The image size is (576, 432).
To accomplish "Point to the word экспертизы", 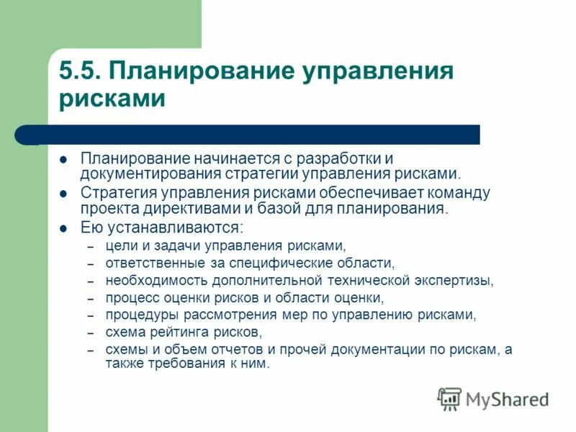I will pyautogui.click(x=457, y=280).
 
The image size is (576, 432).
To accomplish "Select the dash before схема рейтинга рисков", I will pyautogui.click(x=91, y=333).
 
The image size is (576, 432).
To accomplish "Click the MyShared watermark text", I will pyautogui.click(x=507, y=399).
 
